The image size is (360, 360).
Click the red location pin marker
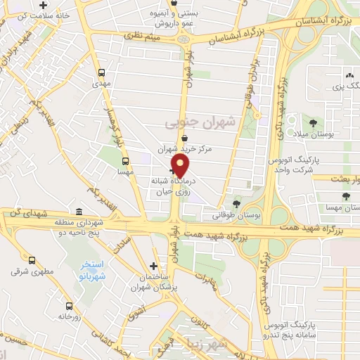[x=181, y=166]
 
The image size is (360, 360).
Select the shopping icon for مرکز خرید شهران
[x=184, y=138]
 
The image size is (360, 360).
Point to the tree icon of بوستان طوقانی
[x=236, y=202]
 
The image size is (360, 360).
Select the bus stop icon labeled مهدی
[x=103, y=72]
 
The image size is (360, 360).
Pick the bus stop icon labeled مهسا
[x=124, y=160]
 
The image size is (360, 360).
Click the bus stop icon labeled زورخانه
[x=68, y=306]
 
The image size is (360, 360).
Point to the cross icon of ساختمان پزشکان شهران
[x=154, y=266]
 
